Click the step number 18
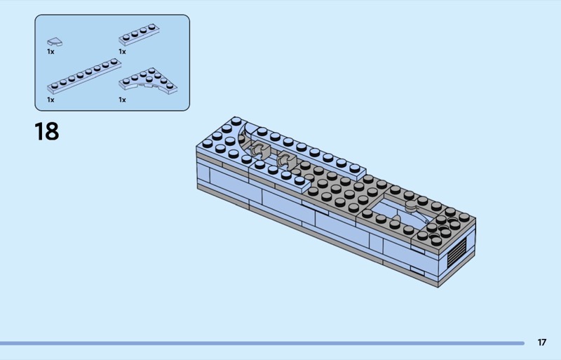coord(47,131)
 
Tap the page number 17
coord(541,342)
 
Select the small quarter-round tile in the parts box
coord(53,40)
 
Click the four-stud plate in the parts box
coord(137,34)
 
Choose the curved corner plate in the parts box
coord(148,81)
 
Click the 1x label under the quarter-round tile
coord(50,51)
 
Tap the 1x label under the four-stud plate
coord(122,51)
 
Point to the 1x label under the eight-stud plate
coord(50,100)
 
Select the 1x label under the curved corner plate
coord(122,100)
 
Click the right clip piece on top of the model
coord(285,159)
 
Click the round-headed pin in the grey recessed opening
coord(408,208)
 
